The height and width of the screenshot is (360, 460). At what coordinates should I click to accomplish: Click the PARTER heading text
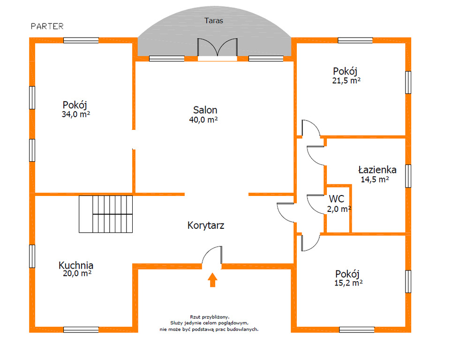coord(47,26)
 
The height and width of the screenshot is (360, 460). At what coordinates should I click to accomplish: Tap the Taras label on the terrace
coord(213,21)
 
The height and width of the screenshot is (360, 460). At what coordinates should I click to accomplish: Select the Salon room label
coord(205,110)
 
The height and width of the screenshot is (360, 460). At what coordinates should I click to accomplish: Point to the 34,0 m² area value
coord(75,114)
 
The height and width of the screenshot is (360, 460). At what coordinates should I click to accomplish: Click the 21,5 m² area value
coord(346,80)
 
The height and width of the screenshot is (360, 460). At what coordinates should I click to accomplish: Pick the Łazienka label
coord(377,170)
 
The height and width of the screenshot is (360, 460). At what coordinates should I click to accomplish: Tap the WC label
coord(336,199)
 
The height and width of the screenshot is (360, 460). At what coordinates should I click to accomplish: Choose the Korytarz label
coord(206,225)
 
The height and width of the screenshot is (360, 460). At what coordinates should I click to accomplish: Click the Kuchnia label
coord(76,265)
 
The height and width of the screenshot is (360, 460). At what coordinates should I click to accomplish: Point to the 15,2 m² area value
coord(348,283)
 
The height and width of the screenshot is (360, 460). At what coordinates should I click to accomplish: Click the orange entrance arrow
coord(212,280)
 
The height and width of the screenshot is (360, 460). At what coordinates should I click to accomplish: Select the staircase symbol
coord(106,214)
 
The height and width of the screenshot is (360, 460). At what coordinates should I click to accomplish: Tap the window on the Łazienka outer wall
coord(408,176)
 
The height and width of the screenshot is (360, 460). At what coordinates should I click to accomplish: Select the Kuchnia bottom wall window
coord(81,330)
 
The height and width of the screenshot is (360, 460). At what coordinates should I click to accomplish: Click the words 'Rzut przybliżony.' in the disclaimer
coord(210,317)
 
